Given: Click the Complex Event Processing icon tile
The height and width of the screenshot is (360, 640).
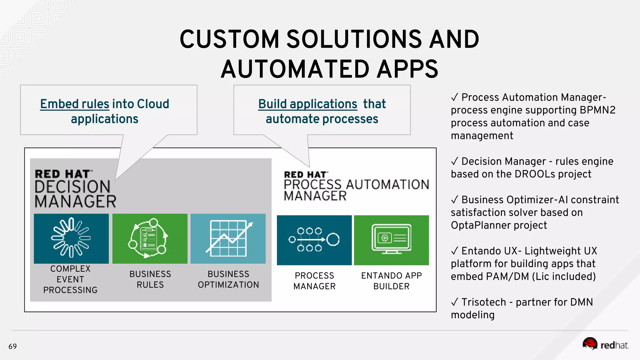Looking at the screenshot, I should (71, 238).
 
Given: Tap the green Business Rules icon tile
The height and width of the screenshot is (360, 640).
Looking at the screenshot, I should (150, 238).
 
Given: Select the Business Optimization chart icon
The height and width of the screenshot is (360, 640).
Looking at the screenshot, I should (228, 238).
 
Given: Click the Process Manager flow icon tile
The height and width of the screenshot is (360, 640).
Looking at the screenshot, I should (314, 240).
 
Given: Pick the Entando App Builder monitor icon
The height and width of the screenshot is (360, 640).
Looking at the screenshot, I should (391, 240).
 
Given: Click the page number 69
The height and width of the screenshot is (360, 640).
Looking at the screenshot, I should (12, 346).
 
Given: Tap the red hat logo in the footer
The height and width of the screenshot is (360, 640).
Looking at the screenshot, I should (605, 344).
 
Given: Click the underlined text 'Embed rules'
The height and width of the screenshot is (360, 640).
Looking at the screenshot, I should (75, 104).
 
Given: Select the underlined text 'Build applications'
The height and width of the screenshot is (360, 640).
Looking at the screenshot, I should (307, 104).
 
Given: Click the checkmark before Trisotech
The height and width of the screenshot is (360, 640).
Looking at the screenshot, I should (455, 302).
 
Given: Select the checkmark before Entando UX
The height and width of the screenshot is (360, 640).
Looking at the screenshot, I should (455, 251).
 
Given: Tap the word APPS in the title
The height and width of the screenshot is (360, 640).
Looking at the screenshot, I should (407, 69).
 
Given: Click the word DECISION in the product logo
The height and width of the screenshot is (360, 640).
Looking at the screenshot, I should (72, 187).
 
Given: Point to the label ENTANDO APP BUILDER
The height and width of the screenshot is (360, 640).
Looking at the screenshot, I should (391, 281).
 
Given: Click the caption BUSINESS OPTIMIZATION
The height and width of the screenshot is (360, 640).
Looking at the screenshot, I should (228, 279).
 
